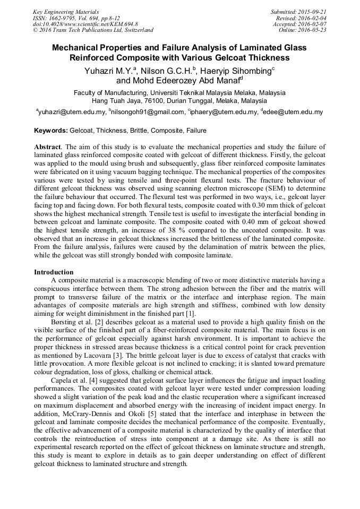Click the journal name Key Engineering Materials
coord(65,11)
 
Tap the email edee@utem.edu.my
coord(293,112)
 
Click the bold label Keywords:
coord(51,131)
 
